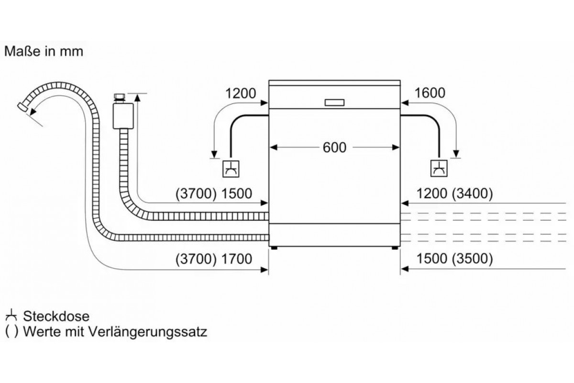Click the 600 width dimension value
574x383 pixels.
click(x=334, y=148)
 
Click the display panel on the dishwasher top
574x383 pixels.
click(x=334, y=102)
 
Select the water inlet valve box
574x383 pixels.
click(x=120, y=114)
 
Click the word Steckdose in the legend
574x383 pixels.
click(x=56, y=316)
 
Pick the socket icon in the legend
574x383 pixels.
click(x=12, y=316)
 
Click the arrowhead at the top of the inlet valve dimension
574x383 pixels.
click(x=138, y=98)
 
